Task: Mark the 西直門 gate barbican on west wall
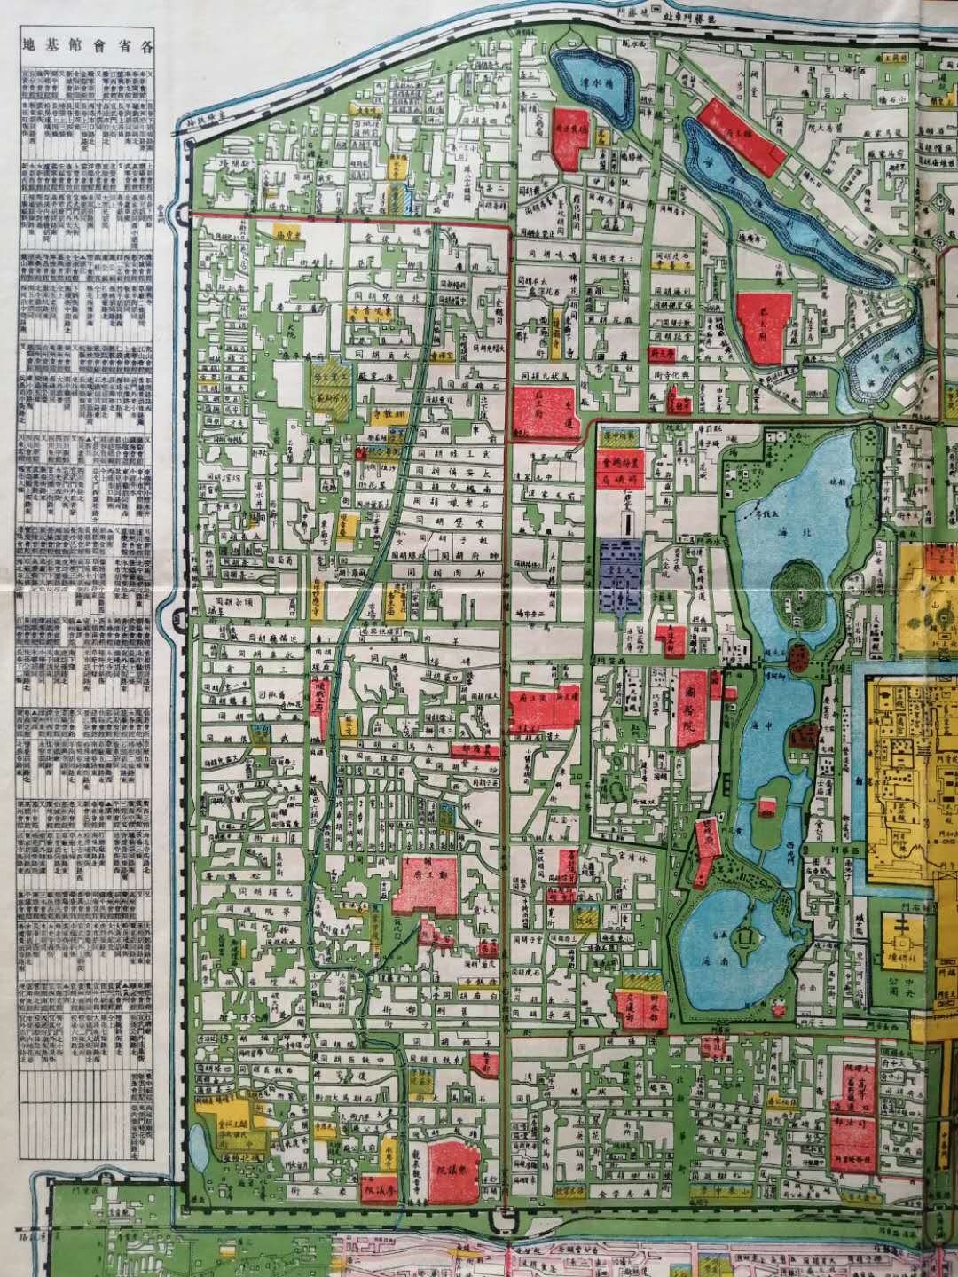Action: (178, 212)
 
